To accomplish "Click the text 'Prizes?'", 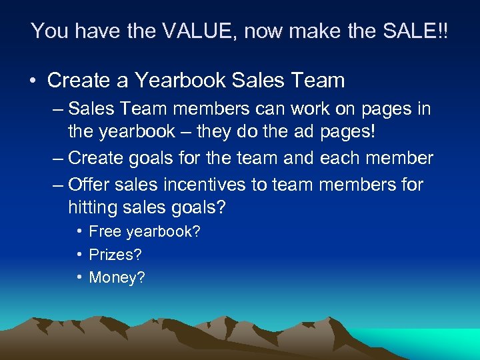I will tap(115, 255).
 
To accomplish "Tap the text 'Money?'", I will tap(117, 277).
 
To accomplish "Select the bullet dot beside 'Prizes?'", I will tap(79, 255).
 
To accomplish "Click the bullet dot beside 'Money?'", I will tap(79, 277).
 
